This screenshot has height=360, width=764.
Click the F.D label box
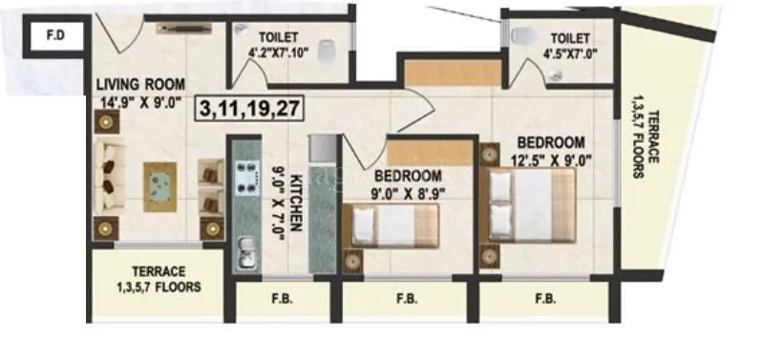pyautogui.click(x=54, y=37)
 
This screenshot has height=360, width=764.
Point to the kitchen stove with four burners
pyautogui.click(x=248, y=175)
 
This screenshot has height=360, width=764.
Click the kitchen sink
pyautogui.click(x=244, y=253)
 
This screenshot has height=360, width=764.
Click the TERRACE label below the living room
pyautogui.click(x=159, y=271)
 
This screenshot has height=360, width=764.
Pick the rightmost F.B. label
pyautogui.click(x=546, y=298)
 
